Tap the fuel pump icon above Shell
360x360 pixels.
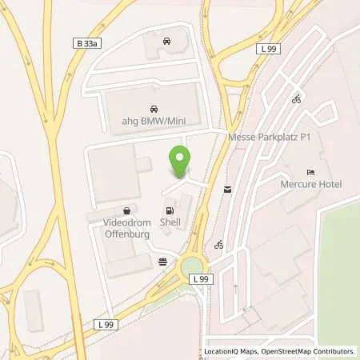[x=169, y=210]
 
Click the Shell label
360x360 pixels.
[x=170, y=223]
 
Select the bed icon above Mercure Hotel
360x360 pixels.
[x=311, y=173]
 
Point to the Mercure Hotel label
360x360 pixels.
[x=311, y=185]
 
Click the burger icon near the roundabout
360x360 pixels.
[x=164, y=261]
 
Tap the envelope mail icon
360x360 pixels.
[x=228, y=189]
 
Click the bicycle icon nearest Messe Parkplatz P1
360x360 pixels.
[x=296, y=99]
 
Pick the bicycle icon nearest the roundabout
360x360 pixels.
[x=218, y=244]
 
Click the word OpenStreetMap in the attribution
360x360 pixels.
[x=299, y=351]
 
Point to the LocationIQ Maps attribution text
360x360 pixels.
[x=230, y=351]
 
